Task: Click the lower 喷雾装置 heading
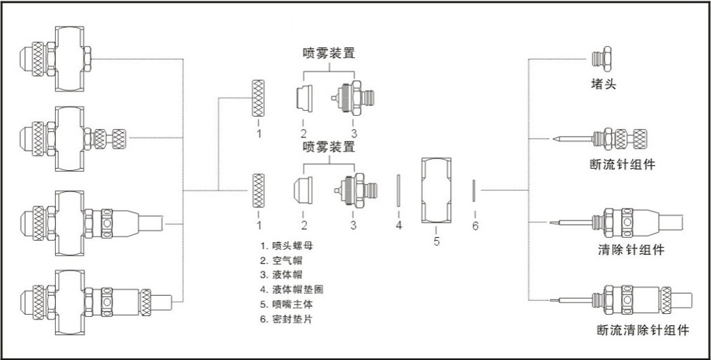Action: pos(329,147)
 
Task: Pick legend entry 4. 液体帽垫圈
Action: pos(292,289)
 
